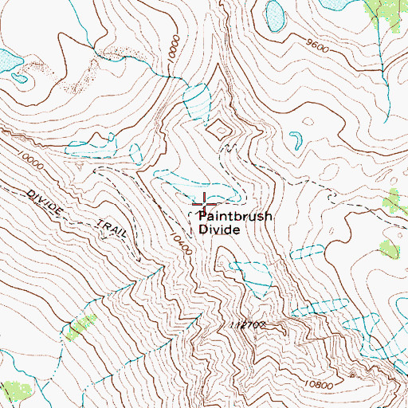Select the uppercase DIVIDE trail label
pos(43,201)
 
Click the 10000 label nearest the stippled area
pos(171,57)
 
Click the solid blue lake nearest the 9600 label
pos(276,14)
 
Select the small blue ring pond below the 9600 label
pos(296,139)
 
